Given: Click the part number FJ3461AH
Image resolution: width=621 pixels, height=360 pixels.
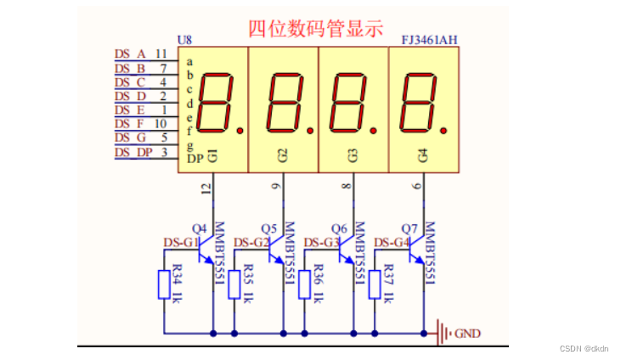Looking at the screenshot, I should point(429,41).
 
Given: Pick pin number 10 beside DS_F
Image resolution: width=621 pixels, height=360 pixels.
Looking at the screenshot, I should point(161,124).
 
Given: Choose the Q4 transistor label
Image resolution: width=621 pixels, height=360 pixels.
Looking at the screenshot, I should point(200,228).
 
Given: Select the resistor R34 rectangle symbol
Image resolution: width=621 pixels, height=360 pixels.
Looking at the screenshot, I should point(164,284).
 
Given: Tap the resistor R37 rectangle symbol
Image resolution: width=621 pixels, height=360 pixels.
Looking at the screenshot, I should point(374,284).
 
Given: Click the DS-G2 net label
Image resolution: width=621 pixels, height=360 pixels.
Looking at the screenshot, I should point(251,243).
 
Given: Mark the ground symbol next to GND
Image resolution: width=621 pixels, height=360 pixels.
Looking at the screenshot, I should point(443,333).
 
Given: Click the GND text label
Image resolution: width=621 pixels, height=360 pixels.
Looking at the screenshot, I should point(467,334).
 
